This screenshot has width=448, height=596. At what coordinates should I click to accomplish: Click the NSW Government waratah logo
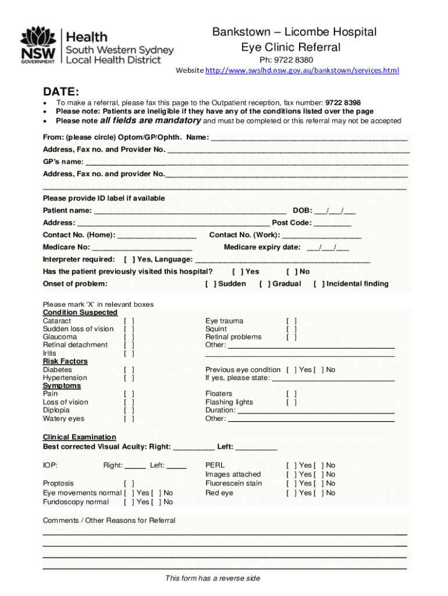[38, 44]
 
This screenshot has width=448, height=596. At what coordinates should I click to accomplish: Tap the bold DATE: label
[61, 91]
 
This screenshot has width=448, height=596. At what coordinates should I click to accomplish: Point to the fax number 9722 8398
[343, 102]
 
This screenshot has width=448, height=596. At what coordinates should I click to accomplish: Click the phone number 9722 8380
[293, 60]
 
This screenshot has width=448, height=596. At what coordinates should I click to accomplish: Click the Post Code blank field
[332, 223]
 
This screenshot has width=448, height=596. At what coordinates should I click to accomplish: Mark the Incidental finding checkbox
[319, 284]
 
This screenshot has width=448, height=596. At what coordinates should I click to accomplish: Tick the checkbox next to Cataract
[129, 321]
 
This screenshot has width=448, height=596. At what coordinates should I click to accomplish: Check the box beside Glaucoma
[129, 337]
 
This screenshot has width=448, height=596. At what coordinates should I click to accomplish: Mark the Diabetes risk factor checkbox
[129, 370]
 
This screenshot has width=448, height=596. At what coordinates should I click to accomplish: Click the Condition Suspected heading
[80, 313]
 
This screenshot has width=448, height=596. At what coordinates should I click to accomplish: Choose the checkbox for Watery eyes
[129, 418]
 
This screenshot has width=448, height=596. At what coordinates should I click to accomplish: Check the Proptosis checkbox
[129, 484]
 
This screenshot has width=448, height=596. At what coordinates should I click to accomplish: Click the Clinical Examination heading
[80, 437]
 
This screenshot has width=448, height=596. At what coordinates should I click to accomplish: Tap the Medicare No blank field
[142, 248]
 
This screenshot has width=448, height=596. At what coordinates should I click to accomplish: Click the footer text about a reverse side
[212, 578]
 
